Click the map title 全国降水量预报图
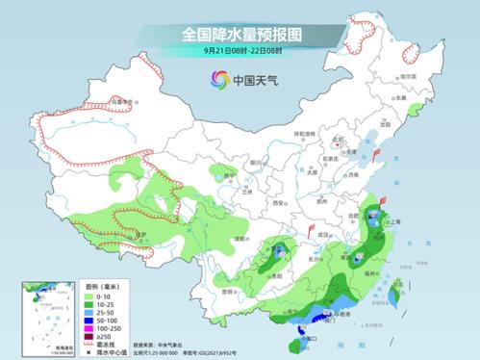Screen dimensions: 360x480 240,34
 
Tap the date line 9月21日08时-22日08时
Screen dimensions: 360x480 240,50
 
